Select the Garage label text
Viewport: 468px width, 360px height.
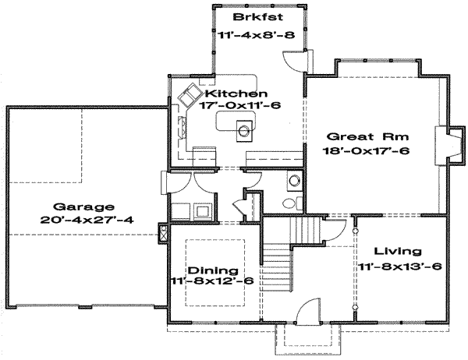tap(83, 206)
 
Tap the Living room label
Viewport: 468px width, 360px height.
tap(397, 252)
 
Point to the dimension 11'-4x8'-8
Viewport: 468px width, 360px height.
tap(253, 33)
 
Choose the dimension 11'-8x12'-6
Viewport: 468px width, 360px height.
tap(207, 282)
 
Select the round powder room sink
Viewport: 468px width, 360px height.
tap(294, 182)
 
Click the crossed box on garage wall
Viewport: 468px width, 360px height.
tap(162, 231)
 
